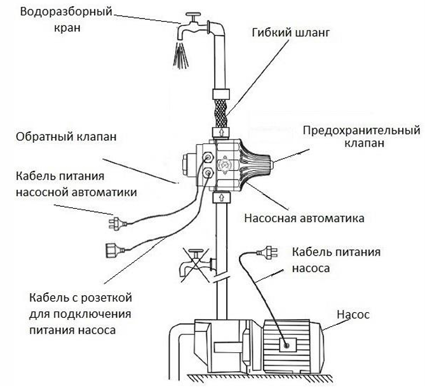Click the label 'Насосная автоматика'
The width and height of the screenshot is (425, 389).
point(304,219)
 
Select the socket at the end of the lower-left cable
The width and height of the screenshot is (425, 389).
point(111,247)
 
